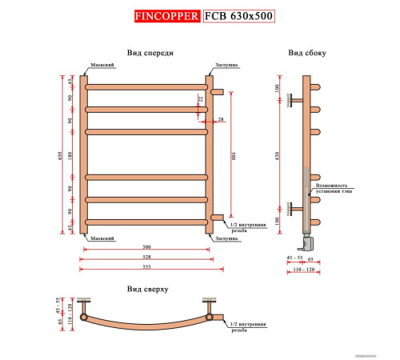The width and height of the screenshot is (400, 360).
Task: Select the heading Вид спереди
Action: (x=150, y=53)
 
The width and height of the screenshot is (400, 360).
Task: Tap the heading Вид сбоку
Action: (x=306, y=53)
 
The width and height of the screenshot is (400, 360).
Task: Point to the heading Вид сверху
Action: (x=146, y=288)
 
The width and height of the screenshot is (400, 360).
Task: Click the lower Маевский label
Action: (x=102, y=238)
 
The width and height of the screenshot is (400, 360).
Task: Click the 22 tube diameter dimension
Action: (x=200, y=98)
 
